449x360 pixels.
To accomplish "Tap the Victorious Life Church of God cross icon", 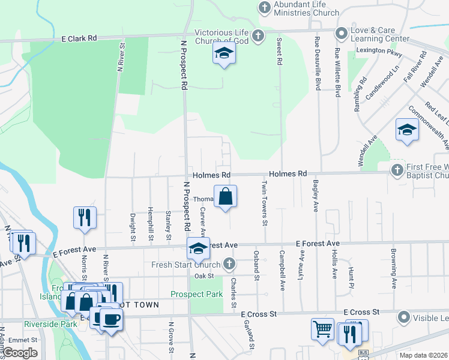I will coord(258,35).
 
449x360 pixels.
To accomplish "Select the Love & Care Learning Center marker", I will coord(342,34).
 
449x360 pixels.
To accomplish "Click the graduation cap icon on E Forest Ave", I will coord(198,247).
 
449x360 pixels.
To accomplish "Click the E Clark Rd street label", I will coord(79,38).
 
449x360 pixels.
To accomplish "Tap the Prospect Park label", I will coord(196,294).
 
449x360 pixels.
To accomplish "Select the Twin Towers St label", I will coord(264,202).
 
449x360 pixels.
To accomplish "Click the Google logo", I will coord(20,353).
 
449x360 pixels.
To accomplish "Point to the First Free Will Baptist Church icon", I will coord(397,170).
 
